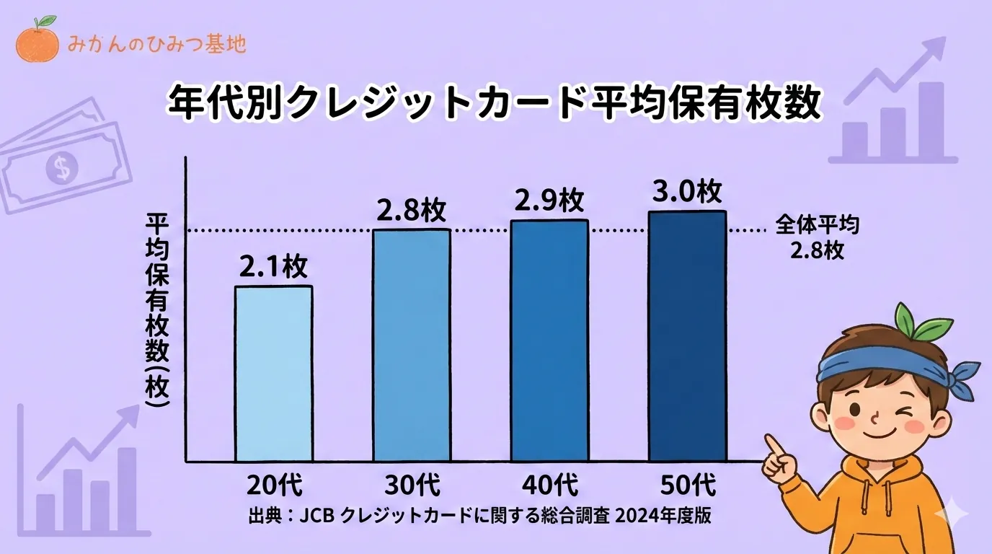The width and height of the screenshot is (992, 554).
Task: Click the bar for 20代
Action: click(274, 373)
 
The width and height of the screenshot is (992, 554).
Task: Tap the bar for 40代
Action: click(549, 340)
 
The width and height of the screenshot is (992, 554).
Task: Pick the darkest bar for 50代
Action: click(687, 335)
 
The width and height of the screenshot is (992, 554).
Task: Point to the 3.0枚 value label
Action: click(687, 192)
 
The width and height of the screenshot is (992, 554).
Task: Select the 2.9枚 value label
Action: click(549, 201)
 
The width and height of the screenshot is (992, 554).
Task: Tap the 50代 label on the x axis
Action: click(687, 485)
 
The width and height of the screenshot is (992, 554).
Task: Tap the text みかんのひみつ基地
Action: click(156, 44)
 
